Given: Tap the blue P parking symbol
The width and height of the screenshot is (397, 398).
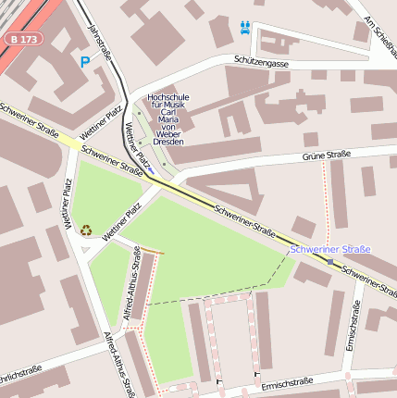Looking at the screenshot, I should coord(85,62).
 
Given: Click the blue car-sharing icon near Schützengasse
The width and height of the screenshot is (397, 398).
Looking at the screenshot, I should coord(244,27).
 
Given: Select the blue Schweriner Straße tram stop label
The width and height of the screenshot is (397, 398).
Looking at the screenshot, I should coord(330,249).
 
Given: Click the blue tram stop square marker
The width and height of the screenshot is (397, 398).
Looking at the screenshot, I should coord(330,262).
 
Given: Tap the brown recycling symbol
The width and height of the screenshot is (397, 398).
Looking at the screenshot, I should coord(86,230).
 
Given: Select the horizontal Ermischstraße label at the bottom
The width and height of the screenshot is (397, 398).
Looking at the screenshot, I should coord(291,384).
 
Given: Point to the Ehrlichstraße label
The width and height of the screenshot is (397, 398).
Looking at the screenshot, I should coord(19,380).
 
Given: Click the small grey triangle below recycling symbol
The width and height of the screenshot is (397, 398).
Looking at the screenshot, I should coord(85,248).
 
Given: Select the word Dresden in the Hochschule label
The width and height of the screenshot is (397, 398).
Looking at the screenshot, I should coord(167,142).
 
